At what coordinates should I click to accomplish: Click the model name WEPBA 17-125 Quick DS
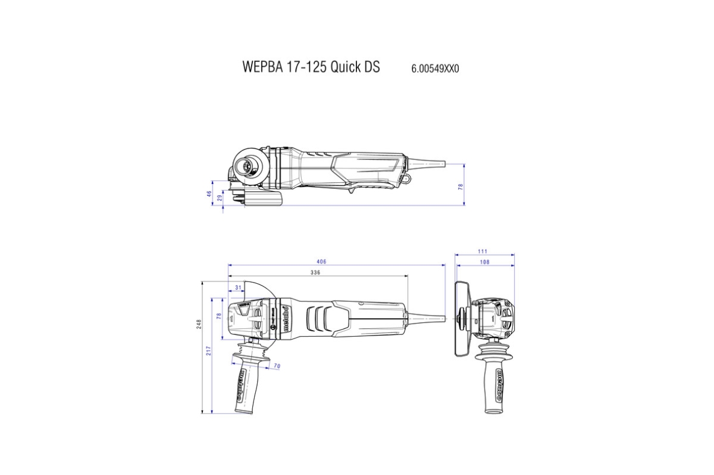[x=311, y=67]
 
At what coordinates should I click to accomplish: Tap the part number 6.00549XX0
[x=435, y=69]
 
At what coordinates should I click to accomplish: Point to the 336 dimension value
[x=315, y=272]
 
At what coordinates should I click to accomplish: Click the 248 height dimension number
[x=199, y=324]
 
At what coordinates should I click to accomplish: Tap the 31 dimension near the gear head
[x=238, y=288]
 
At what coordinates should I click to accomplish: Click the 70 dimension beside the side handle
[x=276, y=366]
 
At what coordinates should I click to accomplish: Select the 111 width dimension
[x=483, y=251]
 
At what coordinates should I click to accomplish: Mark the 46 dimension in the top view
[x=210, y=194]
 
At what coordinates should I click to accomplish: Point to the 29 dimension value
[x=220, y=197]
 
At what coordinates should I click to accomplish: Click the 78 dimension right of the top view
[x=461, y=187]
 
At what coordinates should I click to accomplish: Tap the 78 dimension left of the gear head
[x=219, y=316]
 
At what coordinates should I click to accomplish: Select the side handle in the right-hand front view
[x=497, y=379]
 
